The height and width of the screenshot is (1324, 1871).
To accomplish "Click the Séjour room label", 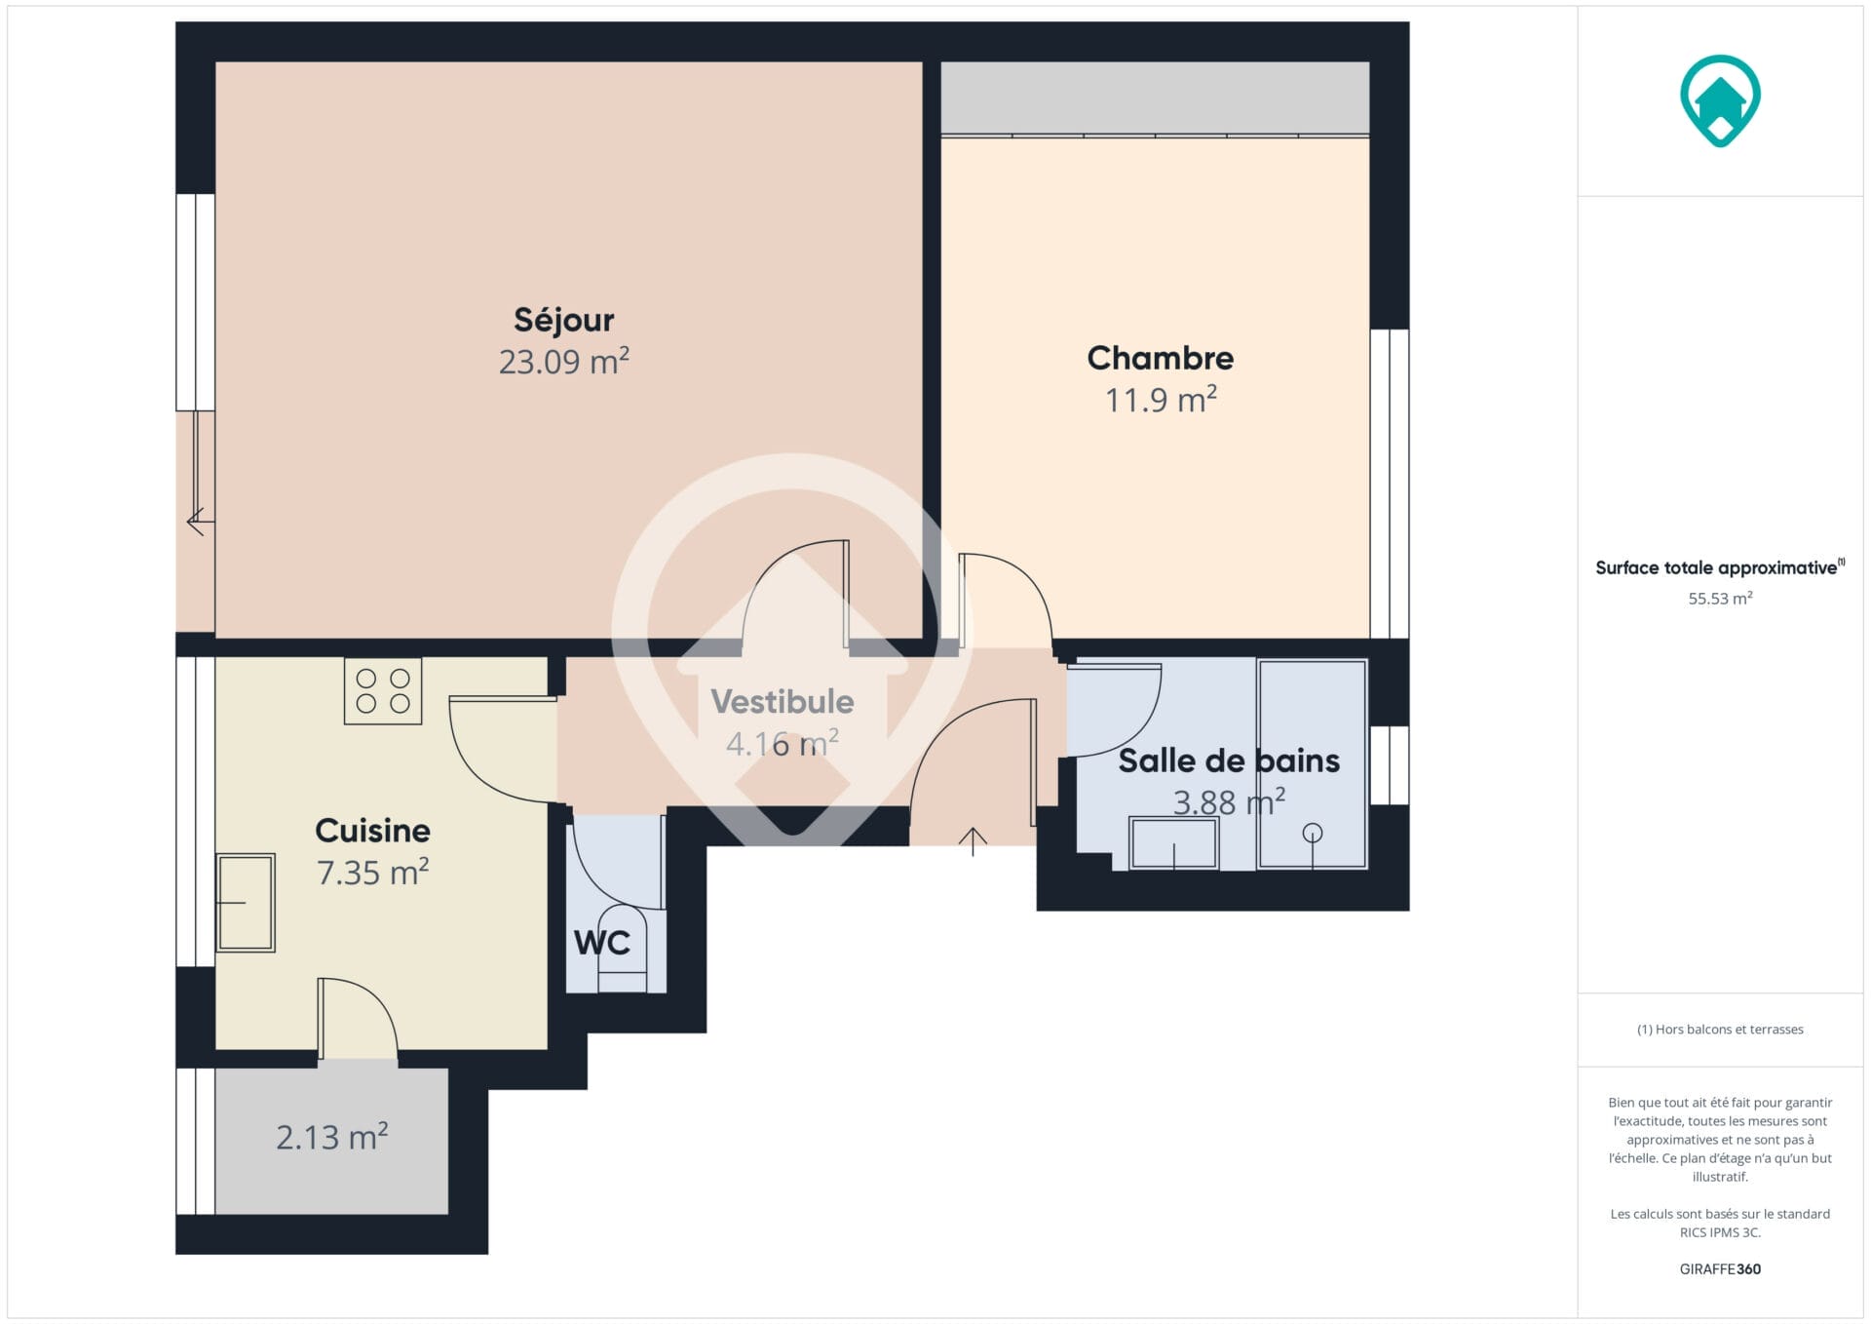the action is pos(563,320).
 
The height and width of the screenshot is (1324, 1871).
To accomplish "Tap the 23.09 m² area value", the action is pos(563,361).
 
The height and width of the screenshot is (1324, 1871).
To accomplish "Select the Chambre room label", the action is pos(1160,358).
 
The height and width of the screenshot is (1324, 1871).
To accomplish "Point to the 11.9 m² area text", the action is pos(1160,399).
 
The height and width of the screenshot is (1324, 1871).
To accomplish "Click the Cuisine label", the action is pos(372,831).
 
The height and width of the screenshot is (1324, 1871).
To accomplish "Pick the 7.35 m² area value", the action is pos(372,872).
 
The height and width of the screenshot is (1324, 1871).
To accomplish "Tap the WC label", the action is pos(601,943).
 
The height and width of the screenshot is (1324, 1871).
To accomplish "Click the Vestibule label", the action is pos(782,702).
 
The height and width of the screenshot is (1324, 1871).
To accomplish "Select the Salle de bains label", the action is pos(1229,760).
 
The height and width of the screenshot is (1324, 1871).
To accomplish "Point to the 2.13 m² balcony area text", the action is pos(331,1136).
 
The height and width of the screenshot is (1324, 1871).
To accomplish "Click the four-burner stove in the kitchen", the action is pos(383,690).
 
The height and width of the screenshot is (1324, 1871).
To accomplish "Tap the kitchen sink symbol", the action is pos(246,903).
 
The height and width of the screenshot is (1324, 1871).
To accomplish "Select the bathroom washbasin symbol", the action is pos(1173,842).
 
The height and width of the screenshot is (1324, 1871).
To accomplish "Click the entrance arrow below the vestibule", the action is pos(973,841).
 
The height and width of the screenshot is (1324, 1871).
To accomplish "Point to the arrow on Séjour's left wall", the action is pos(196,521).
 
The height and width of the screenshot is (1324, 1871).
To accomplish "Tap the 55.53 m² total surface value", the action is pos(1720,598).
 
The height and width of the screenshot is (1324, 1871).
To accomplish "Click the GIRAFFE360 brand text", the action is pos(1720,1268).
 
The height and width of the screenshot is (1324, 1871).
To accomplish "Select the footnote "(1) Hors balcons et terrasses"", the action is pos(1720,1029).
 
